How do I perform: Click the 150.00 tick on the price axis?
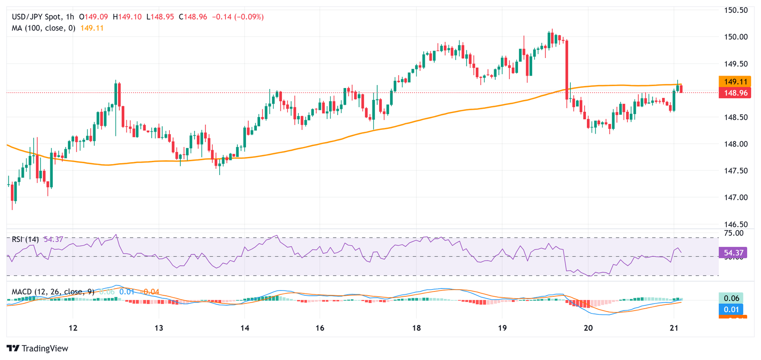click(736, 37)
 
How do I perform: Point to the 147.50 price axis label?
click(736, 171)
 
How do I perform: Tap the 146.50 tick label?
click(736, 224)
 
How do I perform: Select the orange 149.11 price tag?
click(735, 82)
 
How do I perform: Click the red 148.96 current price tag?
click(735, 93)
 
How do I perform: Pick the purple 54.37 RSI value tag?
click(733, 253)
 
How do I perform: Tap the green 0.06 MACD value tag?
click(731, 298)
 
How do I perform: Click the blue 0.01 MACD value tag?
click(731, 310)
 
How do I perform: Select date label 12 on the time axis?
click(73, 328)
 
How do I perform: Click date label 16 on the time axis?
click(320, 328)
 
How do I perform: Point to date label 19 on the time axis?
click(502, 328)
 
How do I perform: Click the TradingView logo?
click(38, 349)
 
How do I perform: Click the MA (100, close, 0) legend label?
click(43, 28)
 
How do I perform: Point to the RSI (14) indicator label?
click(25, 239)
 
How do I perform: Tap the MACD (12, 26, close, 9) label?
click(53, 292)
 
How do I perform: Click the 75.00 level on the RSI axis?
click(733, 233)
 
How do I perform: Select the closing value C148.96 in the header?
click(193, 17)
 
